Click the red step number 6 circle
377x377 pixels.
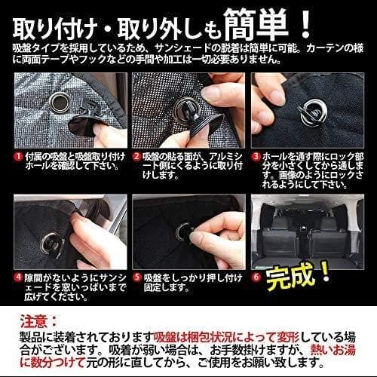[x=256, y=277]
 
